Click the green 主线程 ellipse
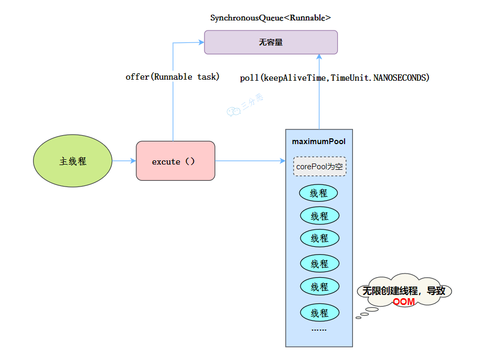[73, 161]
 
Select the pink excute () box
[175, 161]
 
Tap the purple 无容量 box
[271, 42]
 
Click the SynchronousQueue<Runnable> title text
[271, 18]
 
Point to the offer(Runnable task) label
[173, 77]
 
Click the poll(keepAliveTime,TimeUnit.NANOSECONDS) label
[335, 78]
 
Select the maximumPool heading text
[319, 141]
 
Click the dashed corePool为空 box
[319, 167]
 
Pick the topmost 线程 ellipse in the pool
[318, 193]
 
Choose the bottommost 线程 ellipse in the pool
[319, 313]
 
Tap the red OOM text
[404, 302]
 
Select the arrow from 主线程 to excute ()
[124, 161]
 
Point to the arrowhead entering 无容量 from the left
[201, 42]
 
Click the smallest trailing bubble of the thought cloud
[359, 317]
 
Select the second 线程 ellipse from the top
[319, 216]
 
